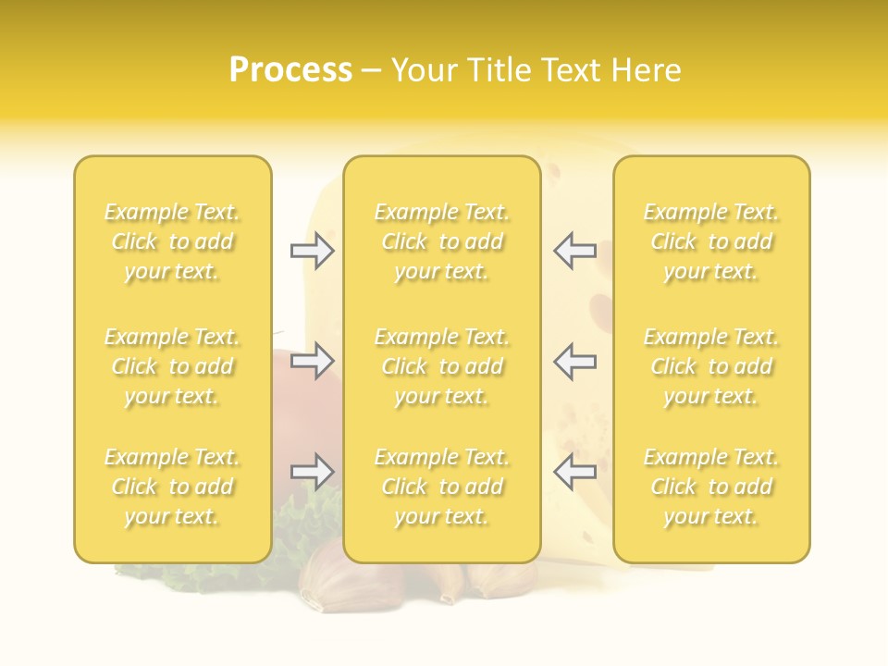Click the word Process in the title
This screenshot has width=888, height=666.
(x=290, y=70)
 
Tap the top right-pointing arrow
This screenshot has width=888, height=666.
(x=312, y=251)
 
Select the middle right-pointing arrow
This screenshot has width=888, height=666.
(x=312, y=361)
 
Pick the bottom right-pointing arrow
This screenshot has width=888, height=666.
(x=312, y=472)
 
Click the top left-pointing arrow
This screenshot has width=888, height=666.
(x=574, y=251)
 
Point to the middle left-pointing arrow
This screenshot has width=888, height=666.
(x=574, y=361)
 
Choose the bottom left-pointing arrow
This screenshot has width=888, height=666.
(x=574, y=472)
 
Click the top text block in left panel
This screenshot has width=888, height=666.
(x=172, y=241)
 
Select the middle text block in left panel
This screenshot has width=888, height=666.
(x=172, y=366)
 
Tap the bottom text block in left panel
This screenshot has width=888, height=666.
(x=172, y=487)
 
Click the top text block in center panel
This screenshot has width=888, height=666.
(x=441, y=241)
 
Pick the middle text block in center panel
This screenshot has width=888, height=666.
(x=441, y=366)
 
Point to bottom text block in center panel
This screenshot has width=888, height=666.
(x=441, y=487)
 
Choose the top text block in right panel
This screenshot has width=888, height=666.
(x=710, y=241)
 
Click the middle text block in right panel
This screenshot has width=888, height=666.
(x=710, y=366)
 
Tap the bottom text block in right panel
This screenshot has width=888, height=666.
(x=710, y=487)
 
